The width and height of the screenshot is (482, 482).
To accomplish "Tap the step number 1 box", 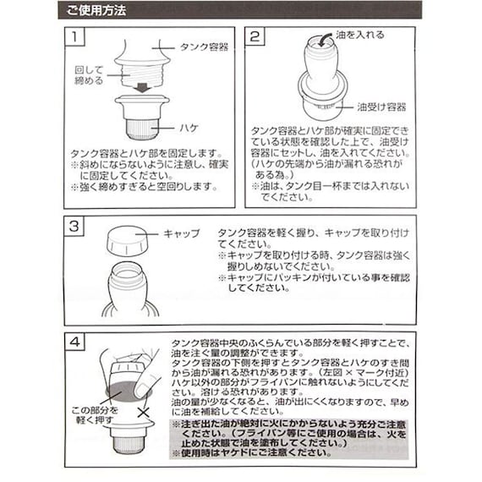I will pyautogui.click(x=77, y=38).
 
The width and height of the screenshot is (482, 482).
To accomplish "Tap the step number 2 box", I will pyautogui.click(x=255, y=38).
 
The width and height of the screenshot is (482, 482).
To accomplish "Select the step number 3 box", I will pyautogui.click(x=77, y=227).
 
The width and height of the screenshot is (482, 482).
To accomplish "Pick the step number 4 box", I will pyautogui.click(x=77, y=342).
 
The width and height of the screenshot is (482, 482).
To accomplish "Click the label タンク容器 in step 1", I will pyautogui.click(x=204, y=48).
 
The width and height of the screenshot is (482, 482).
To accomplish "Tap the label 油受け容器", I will pyautogui.click(x=381, y=107).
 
